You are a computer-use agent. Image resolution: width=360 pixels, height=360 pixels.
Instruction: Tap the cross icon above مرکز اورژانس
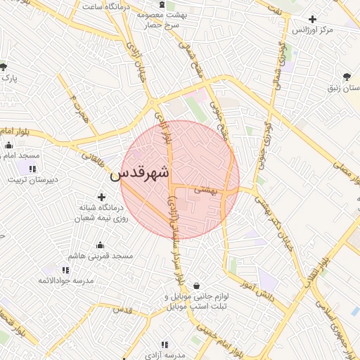313,18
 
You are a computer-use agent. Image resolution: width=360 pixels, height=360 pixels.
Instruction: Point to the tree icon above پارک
4,67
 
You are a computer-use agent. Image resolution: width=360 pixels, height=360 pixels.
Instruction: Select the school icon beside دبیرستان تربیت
32,168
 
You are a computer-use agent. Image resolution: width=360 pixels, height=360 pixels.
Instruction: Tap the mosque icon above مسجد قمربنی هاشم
99,245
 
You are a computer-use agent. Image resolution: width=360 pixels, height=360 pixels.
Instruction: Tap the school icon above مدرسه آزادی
164,345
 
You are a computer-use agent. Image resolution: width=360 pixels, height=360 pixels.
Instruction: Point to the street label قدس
122,310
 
